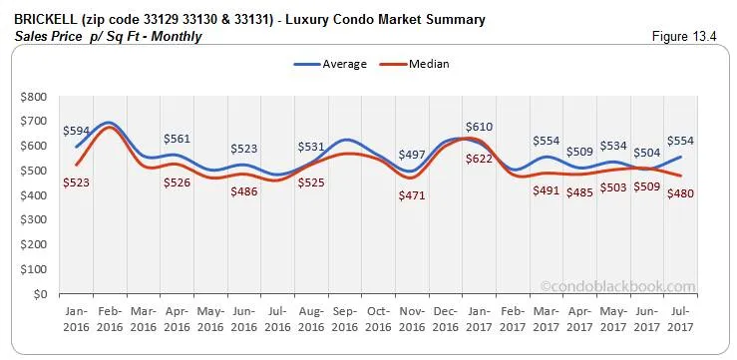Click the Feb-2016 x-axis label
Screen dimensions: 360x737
point(111,320)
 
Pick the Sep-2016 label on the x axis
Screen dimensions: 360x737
point(344,320)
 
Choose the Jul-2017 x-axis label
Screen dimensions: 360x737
point(681,320)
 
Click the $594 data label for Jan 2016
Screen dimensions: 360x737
point(76,131)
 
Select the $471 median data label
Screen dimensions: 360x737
point(411,195)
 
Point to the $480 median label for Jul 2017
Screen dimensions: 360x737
point(681,192)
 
